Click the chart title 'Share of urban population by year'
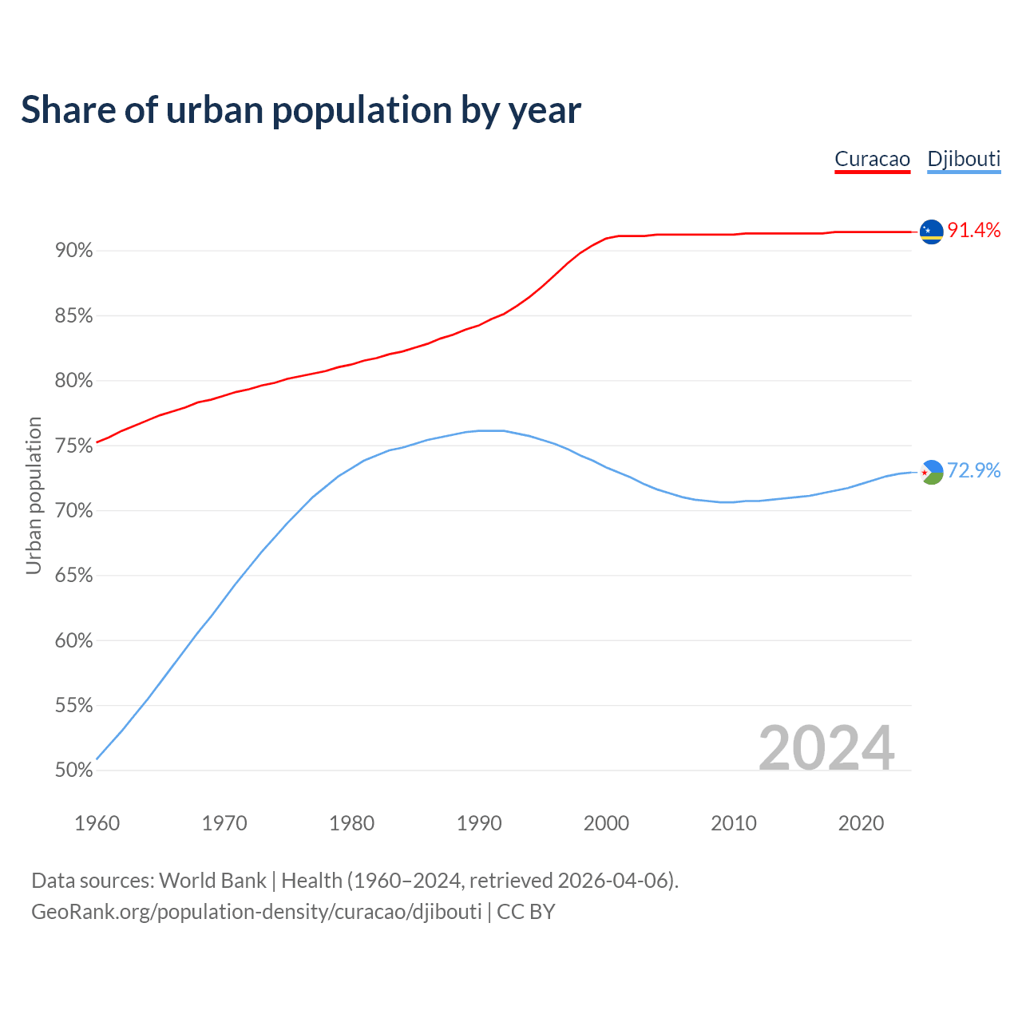pos(301,110)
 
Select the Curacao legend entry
pos(872,159)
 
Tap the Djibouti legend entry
pos(964,159)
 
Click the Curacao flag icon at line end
pos(931,232)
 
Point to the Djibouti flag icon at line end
pos(931,472)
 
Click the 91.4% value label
pos(973,231)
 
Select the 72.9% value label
pos(973,471)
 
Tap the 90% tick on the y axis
pos(73,251)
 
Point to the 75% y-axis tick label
pos(73,446)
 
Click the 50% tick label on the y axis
pos(73,770)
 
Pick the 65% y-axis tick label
pos(73,576)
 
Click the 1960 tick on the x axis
pos(97,823)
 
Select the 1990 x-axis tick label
pos(479,823)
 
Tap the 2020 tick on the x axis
pos(861,823)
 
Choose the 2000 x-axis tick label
pos(606,823)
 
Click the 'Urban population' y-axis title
pos(34,495)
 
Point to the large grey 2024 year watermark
pos(826,748)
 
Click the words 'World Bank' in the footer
pos(212,881)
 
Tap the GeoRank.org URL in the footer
pos(256,912)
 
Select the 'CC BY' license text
pos(525,912)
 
